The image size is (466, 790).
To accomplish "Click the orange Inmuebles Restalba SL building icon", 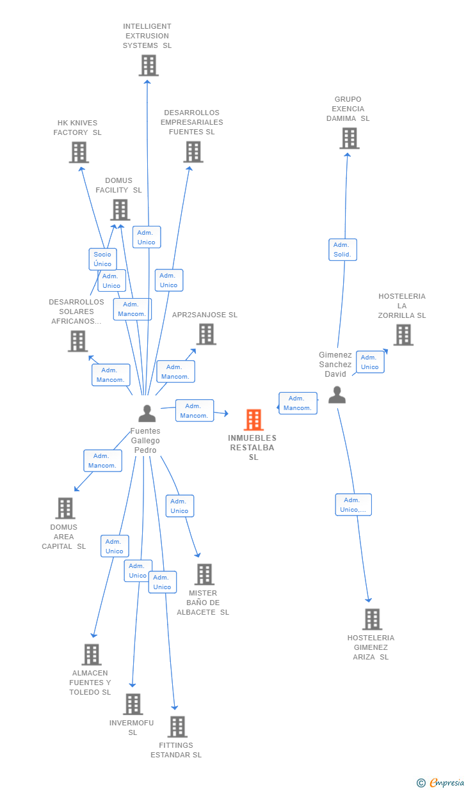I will pos(254,420).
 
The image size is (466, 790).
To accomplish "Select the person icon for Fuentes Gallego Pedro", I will pos(147,414).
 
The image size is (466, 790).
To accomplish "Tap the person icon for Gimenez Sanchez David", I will pos(337,395).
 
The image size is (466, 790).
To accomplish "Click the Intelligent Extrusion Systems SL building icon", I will pos(149,65).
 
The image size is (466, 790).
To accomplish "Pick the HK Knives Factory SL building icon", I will pos(79,152).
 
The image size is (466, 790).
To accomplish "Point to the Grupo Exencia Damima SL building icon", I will pos(349,138).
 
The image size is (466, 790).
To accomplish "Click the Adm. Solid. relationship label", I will pos(342,249).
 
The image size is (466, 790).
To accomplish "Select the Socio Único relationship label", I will pos(102,259).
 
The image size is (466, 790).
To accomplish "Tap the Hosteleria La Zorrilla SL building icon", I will pos(403,335).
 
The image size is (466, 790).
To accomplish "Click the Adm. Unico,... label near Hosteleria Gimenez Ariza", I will pos(353,505).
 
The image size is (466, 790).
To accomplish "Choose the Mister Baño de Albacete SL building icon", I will pos(204,574).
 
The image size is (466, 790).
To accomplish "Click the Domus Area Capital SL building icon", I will pos(65,508).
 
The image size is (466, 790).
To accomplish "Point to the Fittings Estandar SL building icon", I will pos(177,727).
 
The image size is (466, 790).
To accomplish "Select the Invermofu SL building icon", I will pos(133,704).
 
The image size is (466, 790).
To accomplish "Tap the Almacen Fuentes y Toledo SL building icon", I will pos(92,654).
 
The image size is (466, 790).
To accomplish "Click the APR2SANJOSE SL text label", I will pos(204,315).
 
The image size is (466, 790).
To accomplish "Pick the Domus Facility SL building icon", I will pos(120,210).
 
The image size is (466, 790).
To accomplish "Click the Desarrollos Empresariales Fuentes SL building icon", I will pos(193,152).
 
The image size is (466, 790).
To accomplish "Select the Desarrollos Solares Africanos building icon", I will pos(78,341).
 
